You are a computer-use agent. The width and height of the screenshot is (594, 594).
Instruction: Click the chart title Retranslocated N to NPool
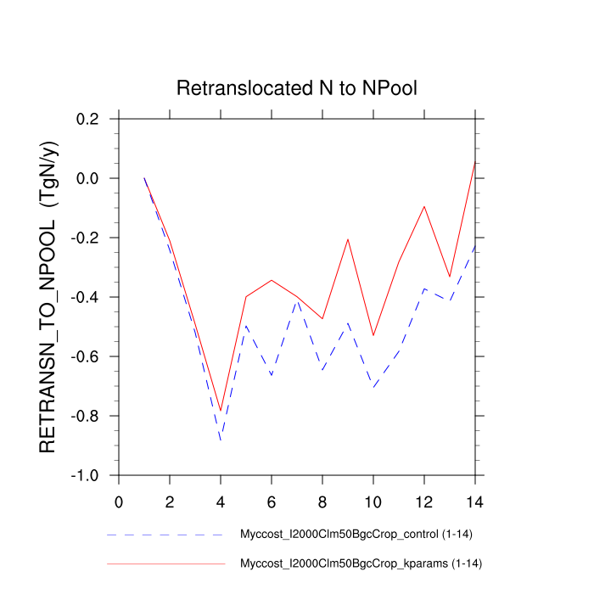pos(297,88)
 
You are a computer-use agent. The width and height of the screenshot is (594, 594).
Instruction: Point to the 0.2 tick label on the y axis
pos(87,119)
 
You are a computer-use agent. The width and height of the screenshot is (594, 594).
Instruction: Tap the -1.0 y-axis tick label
pos(85,475)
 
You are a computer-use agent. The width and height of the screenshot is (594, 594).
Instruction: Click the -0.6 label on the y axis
pos(85,356)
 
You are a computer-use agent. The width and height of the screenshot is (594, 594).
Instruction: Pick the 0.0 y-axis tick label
pos(87,178)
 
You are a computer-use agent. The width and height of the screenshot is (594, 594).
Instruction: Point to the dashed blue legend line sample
pos(165,535)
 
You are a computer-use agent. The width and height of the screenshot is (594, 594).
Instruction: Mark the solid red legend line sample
pos(165,563)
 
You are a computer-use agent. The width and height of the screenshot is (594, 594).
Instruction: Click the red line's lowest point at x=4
pos(221,411)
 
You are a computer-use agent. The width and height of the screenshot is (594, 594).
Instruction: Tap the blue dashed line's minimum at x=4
pos(221,440)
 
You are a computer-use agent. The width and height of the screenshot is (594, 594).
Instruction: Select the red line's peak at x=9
pos(348,239)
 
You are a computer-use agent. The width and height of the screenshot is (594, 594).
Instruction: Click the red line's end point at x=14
pos(474,162)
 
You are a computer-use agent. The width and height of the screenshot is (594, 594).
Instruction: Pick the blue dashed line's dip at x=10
pos(373,387)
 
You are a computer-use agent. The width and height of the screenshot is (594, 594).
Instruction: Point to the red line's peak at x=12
pos(423,206)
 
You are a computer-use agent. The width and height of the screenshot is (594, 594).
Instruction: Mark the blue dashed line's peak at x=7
pos(297,300)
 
